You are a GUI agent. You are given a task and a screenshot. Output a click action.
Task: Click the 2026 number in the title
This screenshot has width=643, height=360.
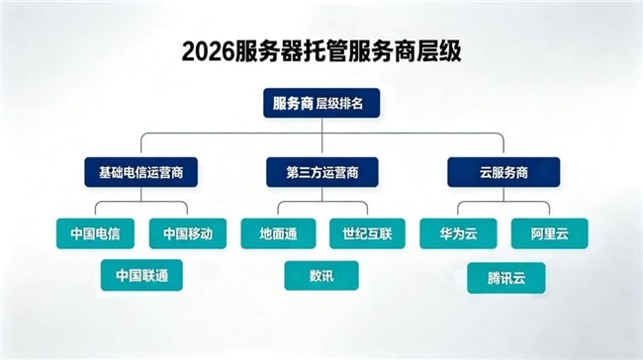pos(208,51)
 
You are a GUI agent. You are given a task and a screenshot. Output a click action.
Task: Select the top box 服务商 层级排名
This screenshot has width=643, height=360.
pos(321,103)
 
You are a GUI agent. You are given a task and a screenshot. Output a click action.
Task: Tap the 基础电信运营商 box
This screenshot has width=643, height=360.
pos(141,172)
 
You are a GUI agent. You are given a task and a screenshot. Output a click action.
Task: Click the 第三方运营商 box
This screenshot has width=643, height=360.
pos(322,172)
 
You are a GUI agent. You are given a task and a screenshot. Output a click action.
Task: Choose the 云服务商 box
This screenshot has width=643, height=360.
pos(504,172)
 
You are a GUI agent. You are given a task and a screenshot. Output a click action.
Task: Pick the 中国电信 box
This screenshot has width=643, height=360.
pos(95,233)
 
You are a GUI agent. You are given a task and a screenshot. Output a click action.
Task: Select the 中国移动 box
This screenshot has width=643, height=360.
pos(188,233)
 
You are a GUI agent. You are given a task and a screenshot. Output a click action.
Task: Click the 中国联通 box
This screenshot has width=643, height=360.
pos(141,275)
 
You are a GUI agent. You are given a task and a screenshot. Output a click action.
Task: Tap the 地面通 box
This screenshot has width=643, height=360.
pos(278,233)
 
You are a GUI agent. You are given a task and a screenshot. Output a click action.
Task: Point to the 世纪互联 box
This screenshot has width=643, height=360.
pos(367,233)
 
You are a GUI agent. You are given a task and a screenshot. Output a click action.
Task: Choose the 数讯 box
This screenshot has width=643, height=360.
pos(321,276)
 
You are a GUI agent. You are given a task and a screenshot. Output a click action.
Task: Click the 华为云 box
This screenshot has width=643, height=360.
pos(458,233)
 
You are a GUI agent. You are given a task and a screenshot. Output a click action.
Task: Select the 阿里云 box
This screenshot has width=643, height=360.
pos(549,233)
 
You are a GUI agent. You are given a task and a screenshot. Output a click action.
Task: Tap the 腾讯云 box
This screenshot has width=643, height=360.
pos(506,278)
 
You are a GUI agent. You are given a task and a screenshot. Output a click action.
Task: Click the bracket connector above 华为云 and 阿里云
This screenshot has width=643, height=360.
pos(504,202)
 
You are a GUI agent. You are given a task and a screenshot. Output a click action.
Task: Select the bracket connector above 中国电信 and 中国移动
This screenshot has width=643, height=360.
pos(141,202)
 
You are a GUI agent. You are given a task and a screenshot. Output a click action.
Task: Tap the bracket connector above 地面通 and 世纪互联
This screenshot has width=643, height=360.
pos(322,202)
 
